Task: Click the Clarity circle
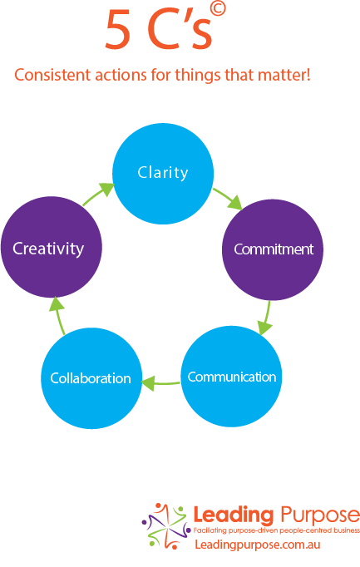(163, 174)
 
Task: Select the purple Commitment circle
(273, 250)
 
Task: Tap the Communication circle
(231, 377)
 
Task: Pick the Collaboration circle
(91, 378)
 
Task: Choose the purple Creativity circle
(52, 248)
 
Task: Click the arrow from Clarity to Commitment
(228, 198)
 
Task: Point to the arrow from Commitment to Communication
(266, 318)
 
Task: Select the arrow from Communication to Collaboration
(160, 383)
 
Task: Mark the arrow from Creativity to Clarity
(99, 194)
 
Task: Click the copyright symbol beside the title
(218, 8)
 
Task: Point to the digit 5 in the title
(117, 29)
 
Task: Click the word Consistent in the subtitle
(52, 75)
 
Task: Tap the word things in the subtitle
(198, 76)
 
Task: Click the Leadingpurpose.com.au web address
(258, 545)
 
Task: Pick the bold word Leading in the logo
(233, 515)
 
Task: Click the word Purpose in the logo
(319, 515)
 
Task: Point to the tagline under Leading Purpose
(277, 530)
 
